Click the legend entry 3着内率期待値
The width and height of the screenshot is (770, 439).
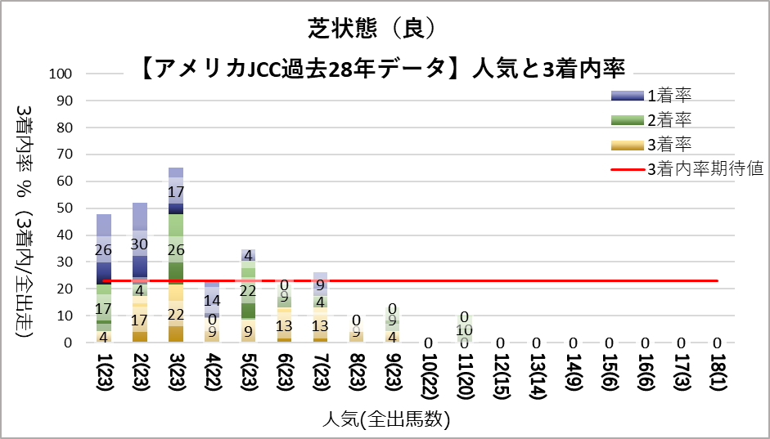click(x=705, y=169)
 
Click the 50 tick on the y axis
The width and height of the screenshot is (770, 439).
click(x=65, y=208)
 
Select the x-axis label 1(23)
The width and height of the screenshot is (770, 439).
click(x=104, y=375)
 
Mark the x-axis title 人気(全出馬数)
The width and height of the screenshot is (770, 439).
click(x=385, y=420)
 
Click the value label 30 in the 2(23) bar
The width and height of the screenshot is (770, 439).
click(x=140, y=244)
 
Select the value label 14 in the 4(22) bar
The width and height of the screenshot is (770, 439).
click(x=212, y=299)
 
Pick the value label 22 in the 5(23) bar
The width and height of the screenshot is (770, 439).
click(x=248, y=290)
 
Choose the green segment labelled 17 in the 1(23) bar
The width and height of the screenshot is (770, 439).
click(x=104, y=309)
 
